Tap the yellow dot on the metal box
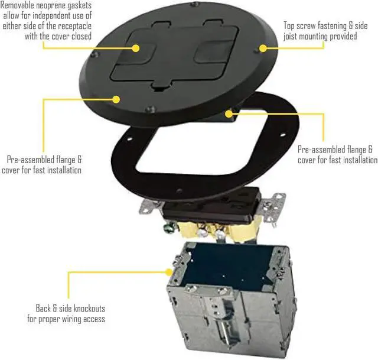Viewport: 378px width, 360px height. click(170, 273)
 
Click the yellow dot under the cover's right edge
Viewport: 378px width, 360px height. click(229, 111)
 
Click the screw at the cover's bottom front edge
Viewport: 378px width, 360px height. click(152, 110)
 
